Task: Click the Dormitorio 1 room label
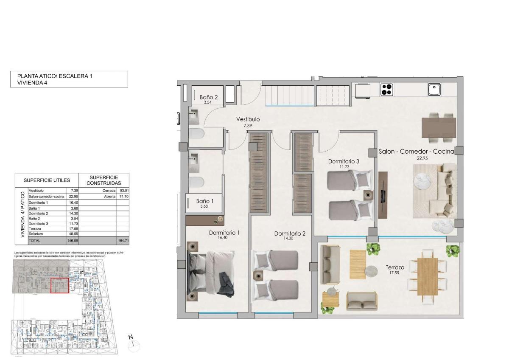(224, 233)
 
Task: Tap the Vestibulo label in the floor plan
(248, 119)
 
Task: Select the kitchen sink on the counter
(434, 90)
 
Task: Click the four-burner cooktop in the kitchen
(386, 90)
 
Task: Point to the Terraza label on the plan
(394, 267)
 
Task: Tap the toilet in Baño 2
(197, 134)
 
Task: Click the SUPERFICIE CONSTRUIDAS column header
(102, 180)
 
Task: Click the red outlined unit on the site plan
(59, 285)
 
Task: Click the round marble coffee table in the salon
(424, 182)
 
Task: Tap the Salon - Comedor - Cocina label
(416, 151)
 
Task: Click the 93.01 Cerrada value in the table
(123, 191)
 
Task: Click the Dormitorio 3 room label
(344, 161)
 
